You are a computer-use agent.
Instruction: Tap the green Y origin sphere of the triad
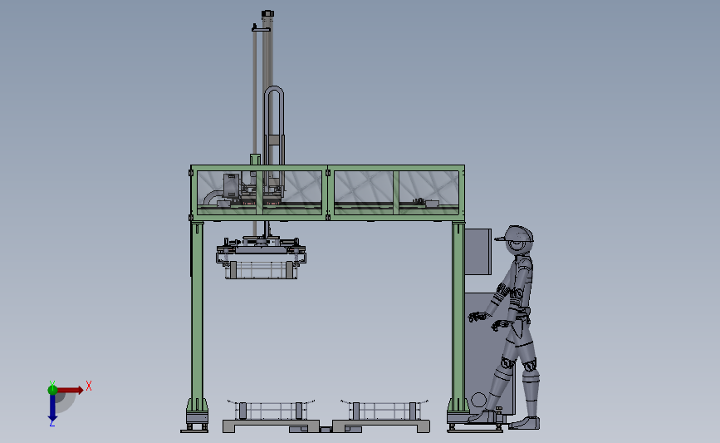52,388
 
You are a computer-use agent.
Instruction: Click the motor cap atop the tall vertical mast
267,13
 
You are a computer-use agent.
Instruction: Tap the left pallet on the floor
270,426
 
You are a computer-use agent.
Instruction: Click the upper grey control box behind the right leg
478,251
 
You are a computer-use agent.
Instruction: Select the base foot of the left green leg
196,417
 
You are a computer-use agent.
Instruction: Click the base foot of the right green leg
459,417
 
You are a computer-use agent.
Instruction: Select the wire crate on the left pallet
270,410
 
